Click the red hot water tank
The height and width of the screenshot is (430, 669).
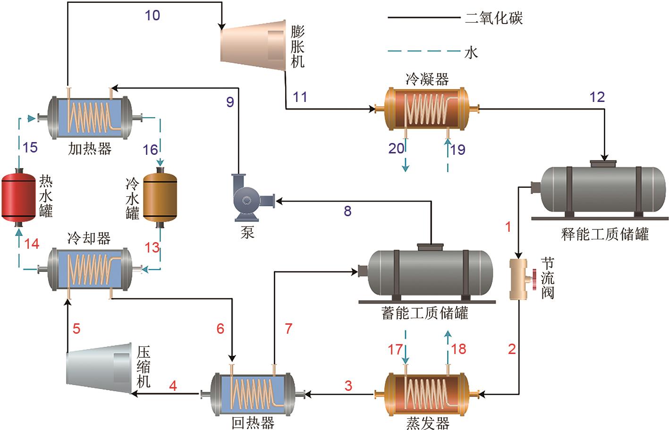[18, 197]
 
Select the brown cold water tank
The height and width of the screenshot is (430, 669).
[160, 197]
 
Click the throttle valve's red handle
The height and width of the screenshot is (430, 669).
[534, 279]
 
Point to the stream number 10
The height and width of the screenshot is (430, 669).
[152, 16]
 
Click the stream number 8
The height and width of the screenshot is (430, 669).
[347, 211]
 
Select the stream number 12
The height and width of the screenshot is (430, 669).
[597, 97]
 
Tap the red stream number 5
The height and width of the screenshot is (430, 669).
[76, 328]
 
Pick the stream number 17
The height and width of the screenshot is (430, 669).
[395, 349]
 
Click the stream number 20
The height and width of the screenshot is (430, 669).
[396, 149]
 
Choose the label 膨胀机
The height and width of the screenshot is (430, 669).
[297, 47]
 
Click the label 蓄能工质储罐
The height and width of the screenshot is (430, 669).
[424, 313]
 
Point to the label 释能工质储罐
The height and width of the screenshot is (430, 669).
[605, 234]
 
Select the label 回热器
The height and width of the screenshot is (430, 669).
[253, 422]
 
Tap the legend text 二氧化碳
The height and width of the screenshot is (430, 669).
[494, 18]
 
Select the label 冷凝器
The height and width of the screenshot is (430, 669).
[427, 79]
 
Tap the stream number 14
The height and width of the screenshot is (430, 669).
[32, 244]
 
